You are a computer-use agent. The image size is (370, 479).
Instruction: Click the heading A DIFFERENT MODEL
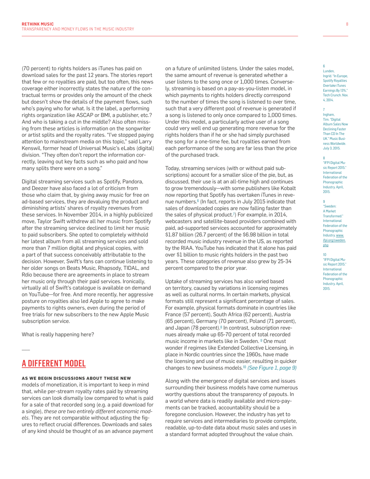[x=53, y=364]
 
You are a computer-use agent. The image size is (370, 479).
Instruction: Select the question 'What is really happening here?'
[x=58, y=335]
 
